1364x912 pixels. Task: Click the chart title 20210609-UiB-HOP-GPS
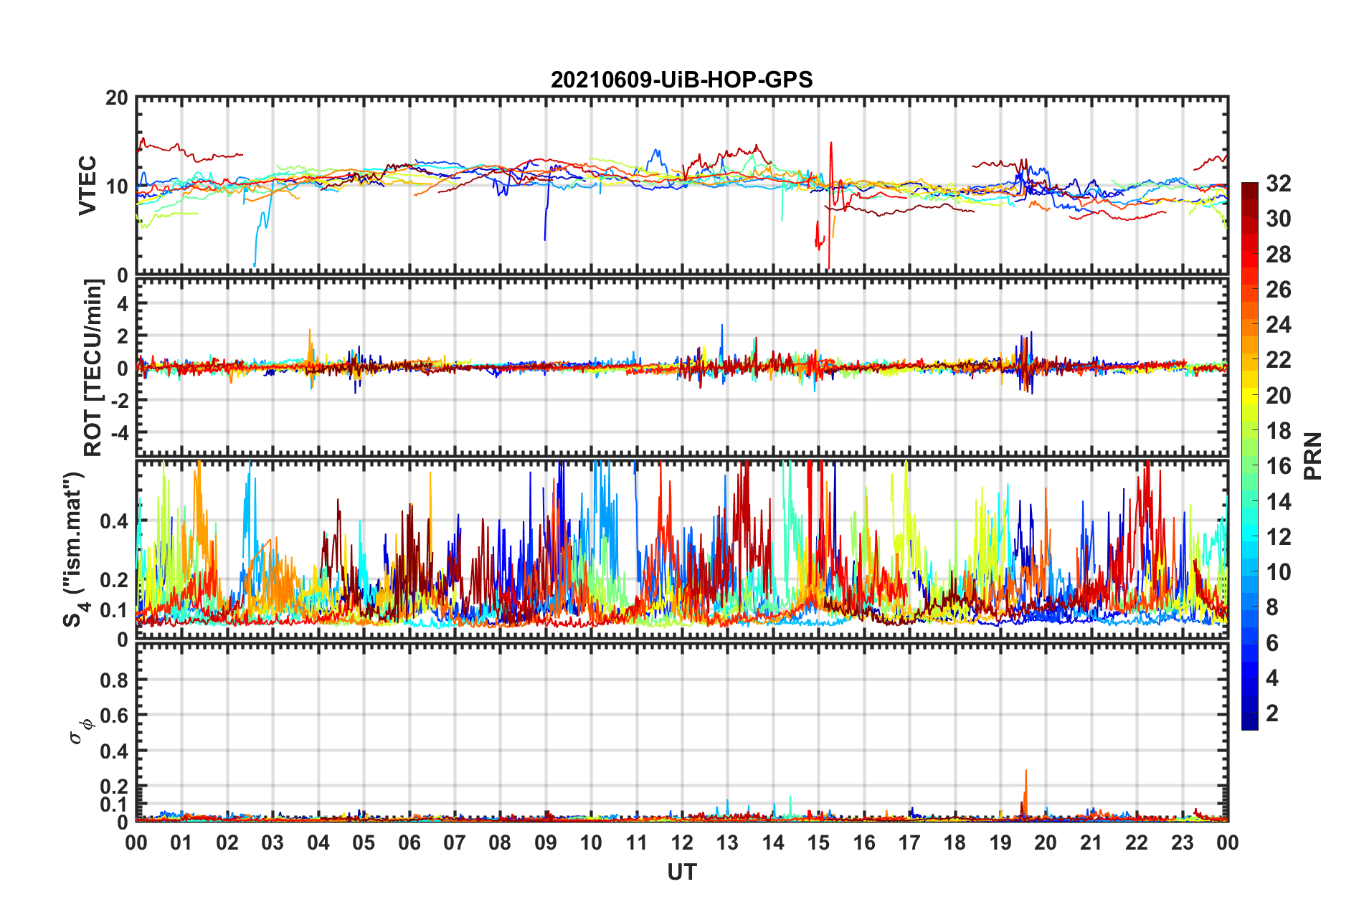pos(681,80)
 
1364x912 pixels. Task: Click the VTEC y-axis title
pos(87,185)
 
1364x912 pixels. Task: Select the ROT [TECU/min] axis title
pos(93,368)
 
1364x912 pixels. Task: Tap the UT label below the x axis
pos(681,872)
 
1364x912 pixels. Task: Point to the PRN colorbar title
pos(1312,456)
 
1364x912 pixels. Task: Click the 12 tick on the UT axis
pos(681,842)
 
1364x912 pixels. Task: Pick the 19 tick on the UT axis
pos(1000,842)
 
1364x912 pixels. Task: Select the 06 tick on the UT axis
pos(409,842)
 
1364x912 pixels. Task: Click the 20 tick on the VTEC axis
pos(116,98)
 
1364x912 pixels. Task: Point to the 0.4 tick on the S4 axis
pos(114,521)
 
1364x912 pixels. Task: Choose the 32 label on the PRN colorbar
pos(1278,184)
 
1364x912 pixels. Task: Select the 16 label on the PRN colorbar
pos(1278,466)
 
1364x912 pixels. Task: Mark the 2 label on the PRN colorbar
pos(1272,713)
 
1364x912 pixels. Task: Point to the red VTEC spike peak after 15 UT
pos(831,143)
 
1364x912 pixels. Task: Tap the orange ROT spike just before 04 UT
pos(310,331)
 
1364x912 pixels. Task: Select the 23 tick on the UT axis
pos(1182,842)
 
